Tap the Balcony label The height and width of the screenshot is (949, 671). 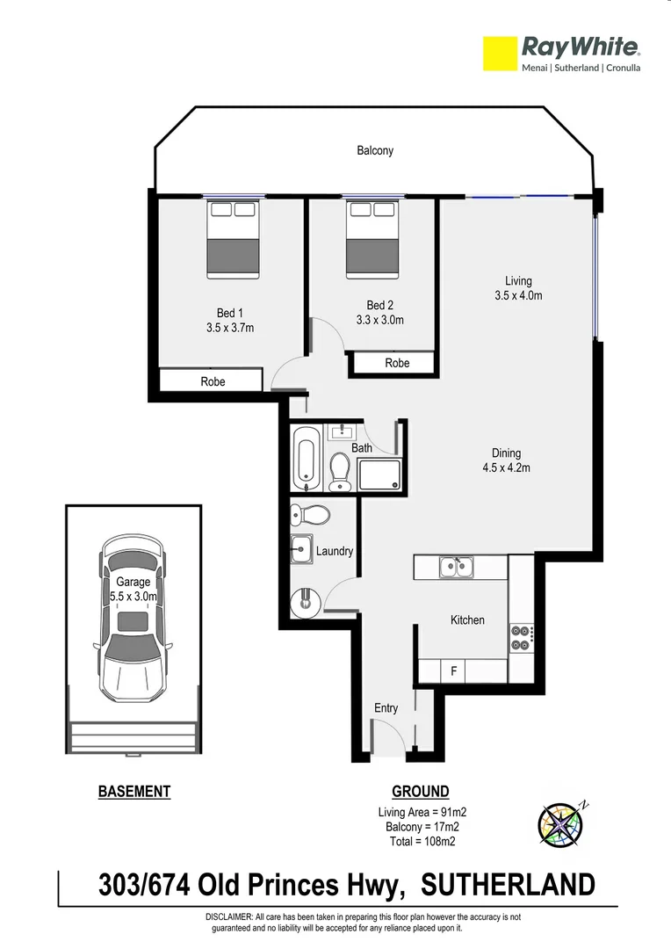pos(375,150)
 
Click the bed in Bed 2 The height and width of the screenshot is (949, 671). pos(372,238)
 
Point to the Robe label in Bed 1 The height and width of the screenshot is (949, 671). pos(213,381)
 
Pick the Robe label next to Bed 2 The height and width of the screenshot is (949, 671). pos(397,363)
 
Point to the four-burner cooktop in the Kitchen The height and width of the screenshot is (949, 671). pos(519,637)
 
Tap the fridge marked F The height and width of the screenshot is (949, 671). pos(453,672)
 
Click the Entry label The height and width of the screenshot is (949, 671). pos(386,708)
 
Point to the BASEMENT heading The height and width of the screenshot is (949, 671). pos(134,792)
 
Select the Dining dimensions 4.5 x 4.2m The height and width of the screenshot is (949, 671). pos(506,467)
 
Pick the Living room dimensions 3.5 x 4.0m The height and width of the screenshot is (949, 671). pos(518,295)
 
